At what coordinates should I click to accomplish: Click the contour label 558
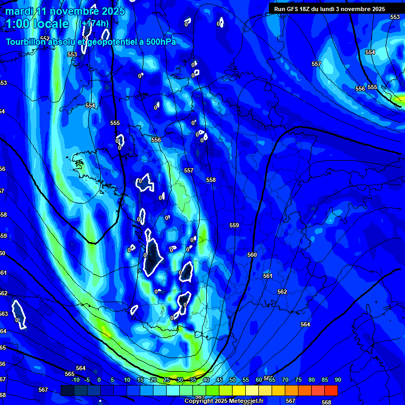coord(211,180)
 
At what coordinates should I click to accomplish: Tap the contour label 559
coord(234,225)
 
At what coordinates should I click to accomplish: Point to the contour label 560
coord(252,255)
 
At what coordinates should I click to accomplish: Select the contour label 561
coord(268,276)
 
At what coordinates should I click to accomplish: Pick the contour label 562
coord(282,292)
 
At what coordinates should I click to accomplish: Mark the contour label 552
coord(45,38)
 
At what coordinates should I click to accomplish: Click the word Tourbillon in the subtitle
coord(27,42)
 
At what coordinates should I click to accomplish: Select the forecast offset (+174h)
coord(94,24)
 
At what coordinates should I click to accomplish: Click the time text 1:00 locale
coord(38,24)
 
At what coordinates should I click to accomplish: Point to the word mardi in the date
coord(18,11)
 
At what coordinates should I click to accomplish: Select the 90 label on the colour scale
coord(337,380)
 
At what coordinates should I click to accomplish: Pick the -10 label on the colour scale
coord(75,380)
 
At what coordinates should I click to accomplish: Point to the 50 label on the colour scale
coord(232,380)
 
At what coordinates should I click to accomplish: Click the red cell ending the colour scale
coord(331,390)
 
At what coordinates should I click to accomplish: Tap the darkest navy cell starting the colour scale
coord(67,390)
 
